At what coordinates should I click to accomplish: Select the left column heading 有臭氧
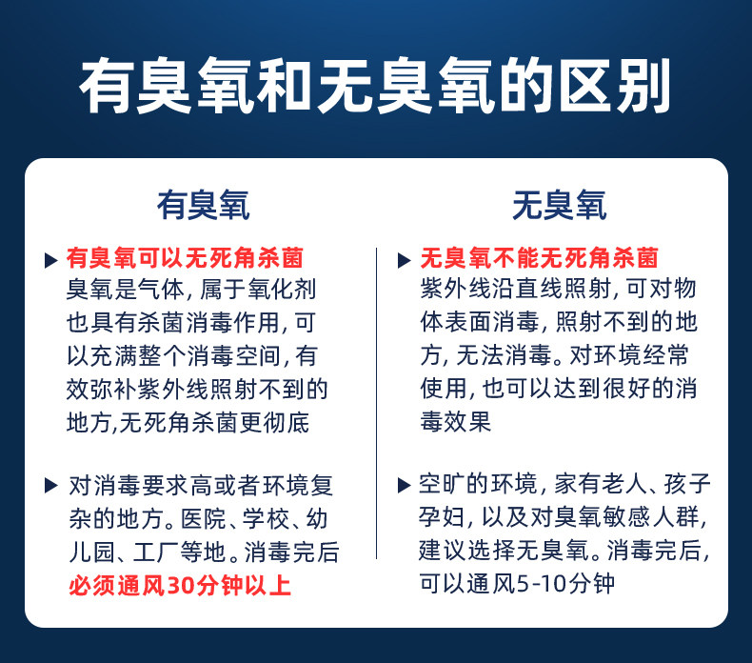click(x=204, y=205)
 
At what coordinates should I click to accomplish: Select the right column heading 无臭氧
click(x=559, y=205)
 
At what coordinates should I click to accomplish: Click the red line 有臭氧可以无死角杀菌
click(x=185, y=258)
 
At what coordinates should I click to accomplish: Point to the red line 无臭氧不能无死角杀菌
click(x=539, y=258)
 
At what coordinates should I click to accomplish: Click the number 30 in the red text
click(x=179, y=586)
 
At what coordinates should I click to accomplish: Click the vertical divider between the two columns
click(x=377, y=403)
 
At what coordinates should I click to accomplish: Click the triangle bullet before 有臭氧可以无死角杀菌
click(x=50, y=260)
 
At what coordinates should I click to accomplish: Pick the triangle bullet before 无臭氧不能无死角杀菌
click(x=405, y=260)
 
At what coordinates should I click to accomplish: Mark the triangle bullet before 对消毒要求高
click(x=50, y=486)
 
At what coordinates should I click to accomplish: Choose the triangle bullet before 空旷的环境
click(x=405, y=486)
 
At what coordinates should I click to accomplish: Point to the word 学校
click(x=265, y=519)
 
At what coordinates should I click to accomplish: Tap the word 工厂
click(x=155, y=552)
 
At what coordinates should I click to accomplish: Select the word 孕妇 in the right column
click(x=442, y=517)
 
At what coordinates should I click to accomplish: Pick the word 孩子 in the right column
click(x=686, y=484)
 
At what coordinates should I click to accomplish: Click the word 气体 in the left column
click(x=161, y=289)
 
